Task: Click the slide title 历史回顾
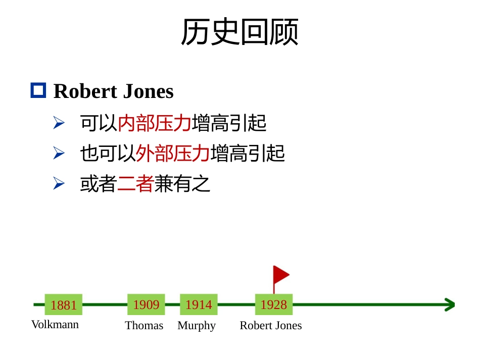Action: (239, 31)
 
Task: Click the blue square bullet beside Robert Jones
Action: (38, 90)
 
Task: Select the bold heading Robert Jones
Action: (114, 91)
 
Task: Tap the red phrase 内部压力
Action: (155, 123)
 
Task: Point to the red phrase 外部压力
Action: (173, 153)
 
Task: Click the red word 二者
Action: (135, 183)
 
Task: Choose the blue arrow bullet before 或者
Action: (59, 183)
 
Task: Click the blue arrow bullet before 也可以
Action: (59, 153)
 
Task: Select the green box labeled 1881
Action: (63, 304)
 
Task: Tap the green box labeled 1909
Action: (147, 304)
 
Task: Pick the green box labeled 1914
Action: (199, 304)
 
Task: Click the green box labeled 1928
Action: (274, 304)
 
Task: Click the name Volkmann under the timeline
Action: (55, 325)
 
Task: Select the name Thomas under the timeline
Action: (144, 326)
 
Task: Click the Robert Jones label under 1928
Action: (271, 326)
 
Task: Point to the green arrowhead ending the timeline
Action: (450, 304)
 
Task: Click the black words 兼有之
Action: (182, 183)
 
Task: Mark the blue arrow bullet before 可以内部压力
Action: (59, 123)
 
